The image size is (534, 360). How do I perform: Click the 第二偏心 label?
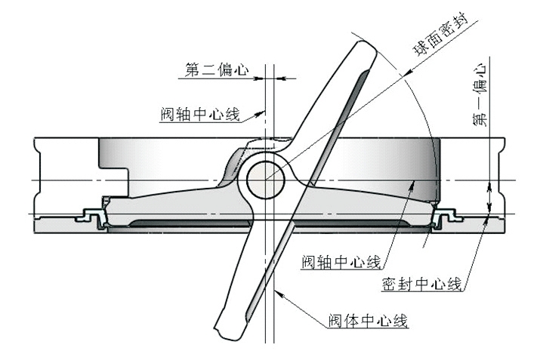217,69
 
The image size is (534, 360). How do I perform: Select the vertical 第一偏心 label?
480,95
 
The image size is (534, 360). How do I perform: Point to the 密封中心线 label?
421,284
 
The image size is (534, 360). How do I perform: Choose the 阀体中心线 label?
368,321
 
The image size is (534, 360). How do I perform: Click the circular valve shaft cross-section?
265,180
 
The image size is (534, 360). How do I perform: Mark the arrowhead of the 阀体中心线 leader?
277,293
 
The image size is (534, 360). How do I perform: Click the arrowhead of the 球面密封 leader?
406,75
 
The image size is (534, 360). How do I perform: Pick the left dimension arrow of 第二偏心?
260,78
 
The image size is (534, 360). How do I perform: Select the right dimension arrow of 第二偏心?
279,78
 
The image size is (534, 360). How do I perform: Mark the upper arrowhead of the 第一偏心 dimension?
489,186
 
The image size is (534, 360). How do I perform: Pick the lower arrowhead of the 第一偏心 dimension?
489,206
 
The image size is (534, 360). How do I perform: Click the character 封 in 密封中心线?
406,284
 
